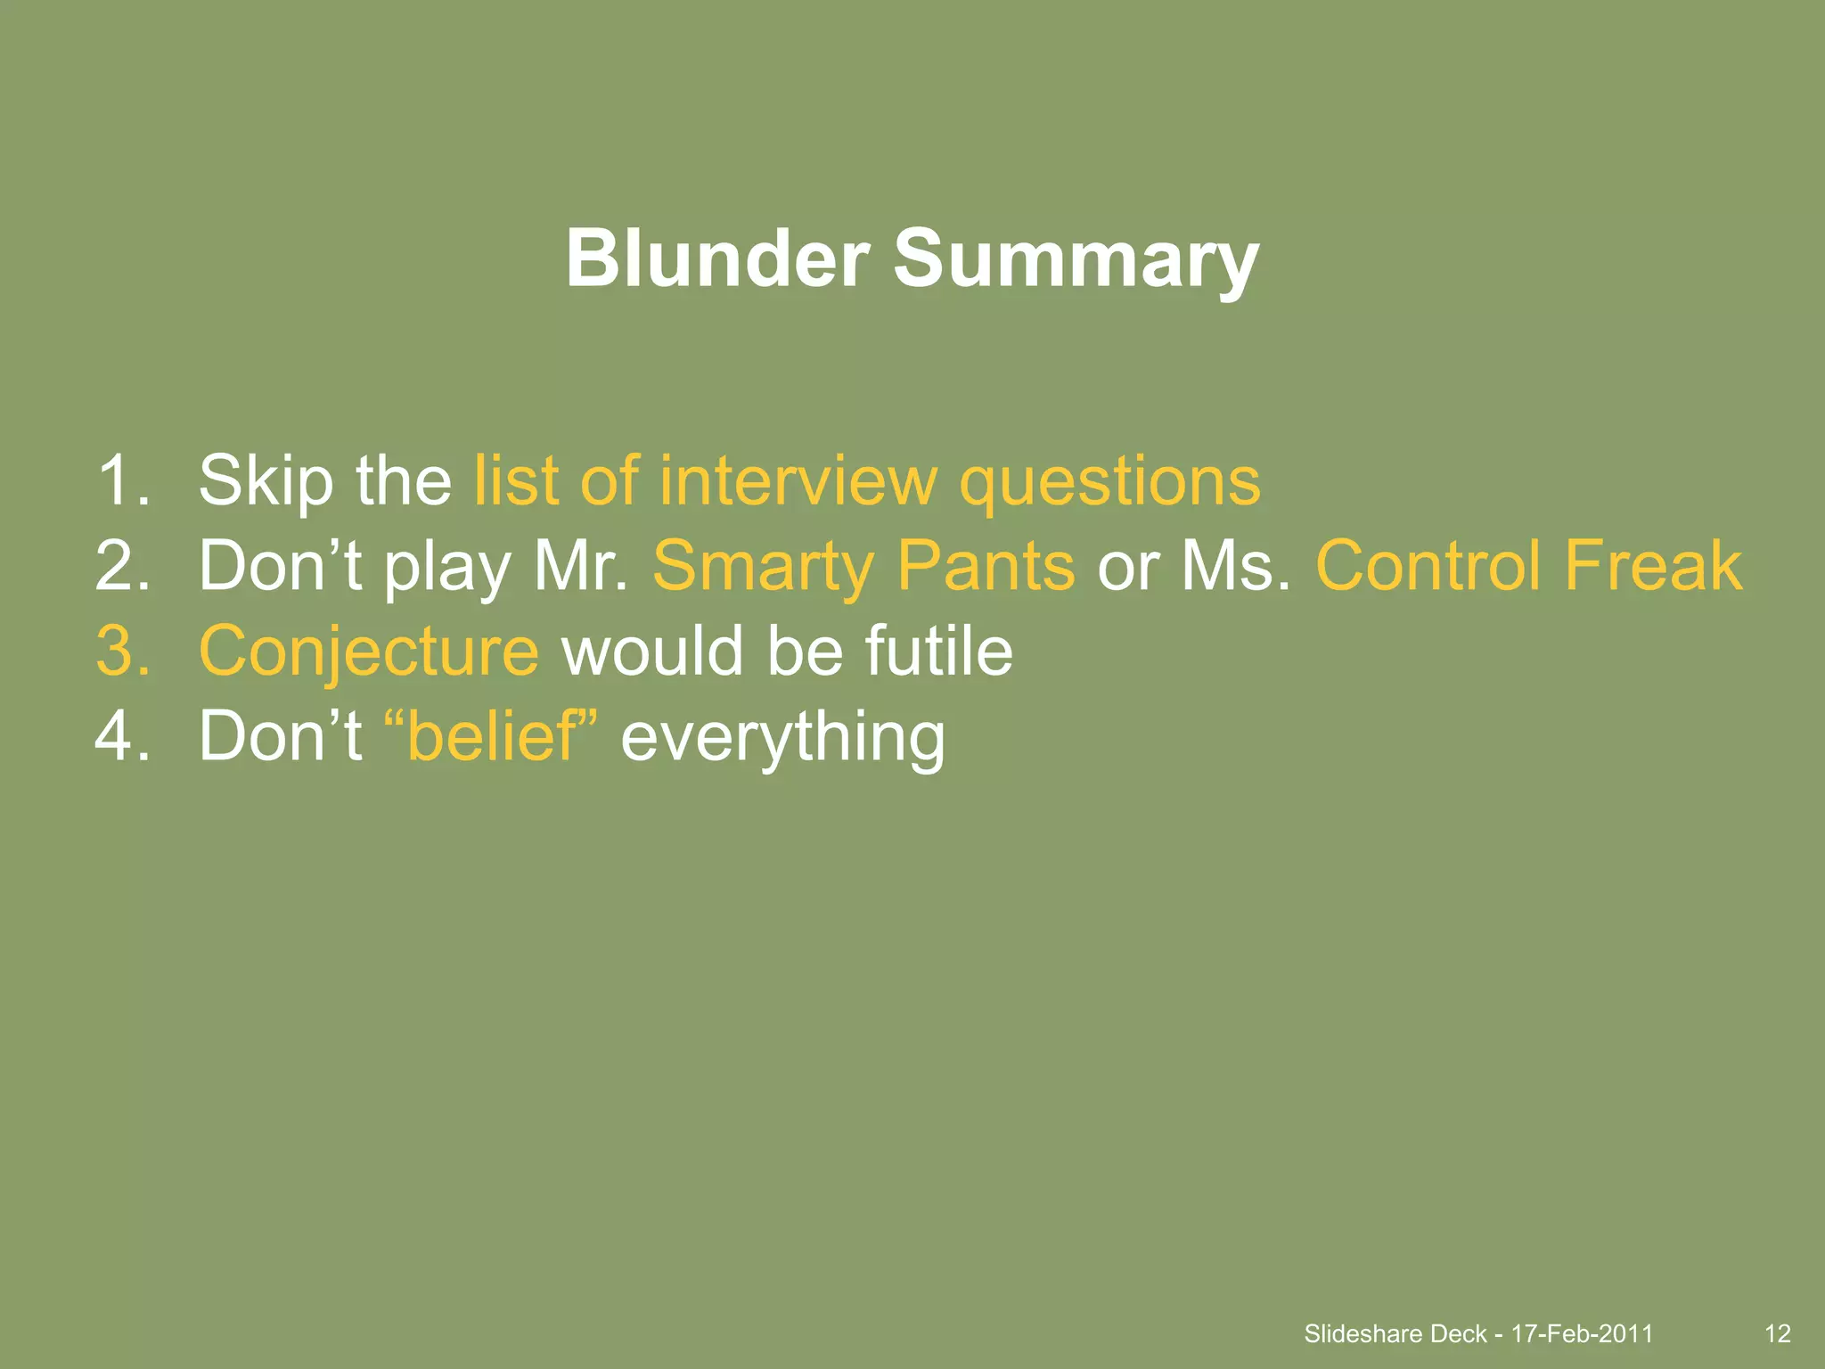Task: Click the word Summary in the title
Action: click(x=1076, y=259)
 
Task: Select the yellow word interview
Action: click(x=798, y=480)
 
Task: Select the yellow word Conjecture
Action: click(x=369, y=652)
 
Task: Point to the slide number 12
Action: click(x=1777, y=1333)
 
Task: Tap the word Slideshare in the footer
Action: click(x=1363, y=1333)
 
